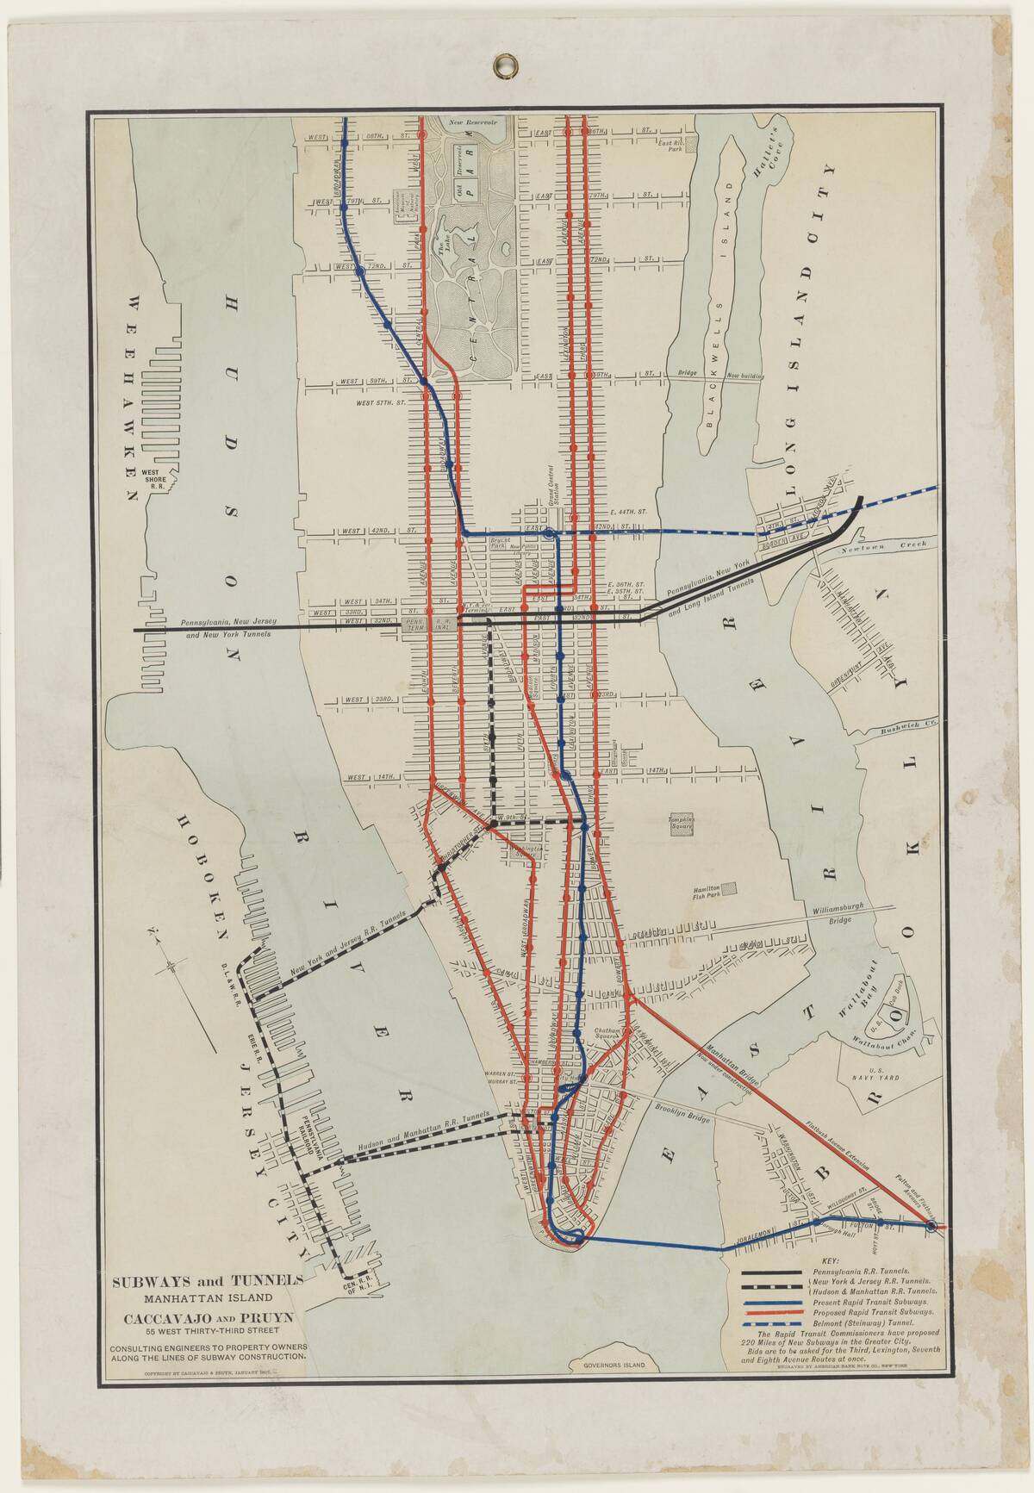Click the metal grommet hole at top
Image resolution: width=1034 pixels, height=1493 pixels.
point(502,64)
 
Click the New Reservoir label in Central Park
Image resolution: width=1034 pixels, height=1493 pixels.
point(474,123)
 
